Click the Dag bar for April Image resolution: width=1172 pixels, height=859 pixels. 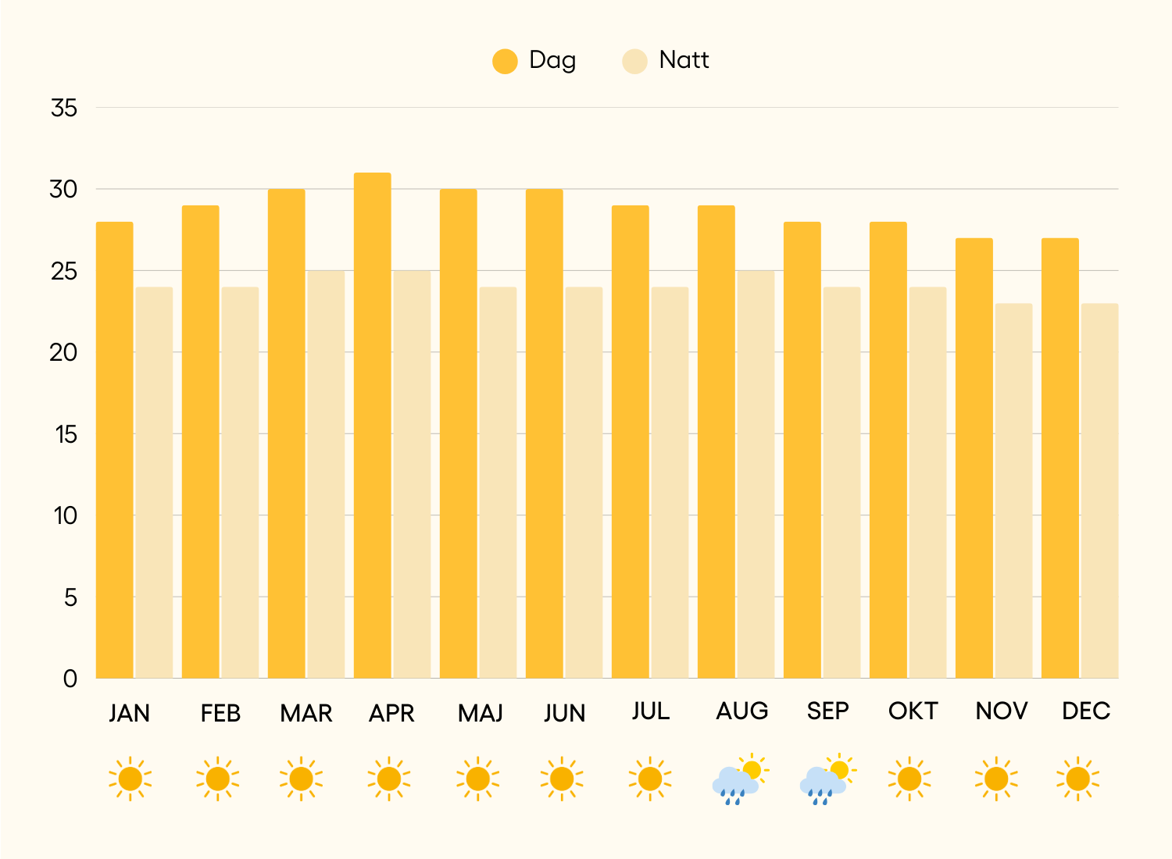pos(372,426)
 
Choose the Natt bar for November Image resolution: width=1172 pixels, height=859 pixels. pos(1013,491)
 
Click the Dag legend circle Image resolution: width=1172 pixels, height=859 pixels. pos(505,61)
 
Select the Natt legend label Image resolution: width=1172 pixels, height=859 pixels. pos(684,60)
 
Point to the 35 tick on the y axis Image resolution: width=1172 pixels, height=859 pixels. pos(64,108)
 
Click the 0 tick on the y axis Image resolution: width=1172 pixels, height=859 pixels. pos(70,679)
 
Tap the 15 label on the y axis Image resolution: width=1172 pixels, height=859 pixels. pos(66,434)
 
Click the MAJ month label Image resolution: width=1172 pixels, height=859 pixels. pos(480,713)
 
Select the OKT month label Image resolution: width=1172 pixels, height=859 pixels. pos(913,711)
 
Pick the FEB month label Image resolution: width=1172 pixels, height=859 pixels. pos(220,713)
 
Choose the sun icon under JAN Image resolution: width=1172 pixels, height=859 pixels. pos(130,779)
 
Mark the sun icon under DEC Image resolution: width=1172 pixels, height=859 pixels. pos(1077,779)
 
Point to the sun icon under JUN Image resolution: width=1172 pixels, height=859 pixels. pos(562,779)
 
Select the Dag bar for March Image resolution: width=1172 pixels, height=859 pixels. pos(286,433)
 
